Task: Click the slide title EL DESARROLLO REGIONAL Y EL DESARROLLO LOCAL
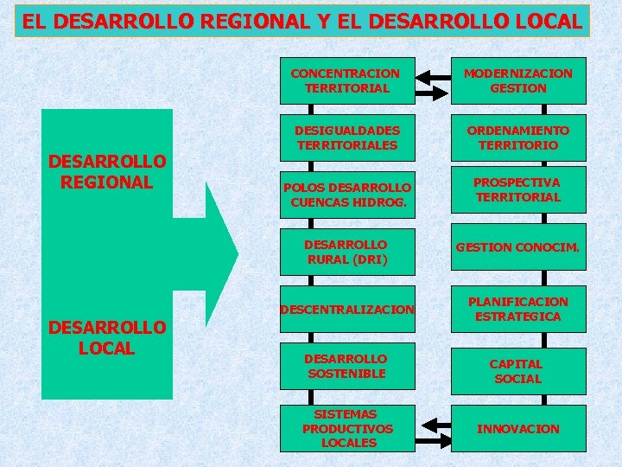(302, 21)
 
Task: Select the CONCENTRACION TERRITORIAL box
(346, 80)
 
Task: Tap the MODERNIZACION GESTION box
(517, 80)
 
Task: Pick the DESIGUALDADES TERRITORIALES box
(346, 138)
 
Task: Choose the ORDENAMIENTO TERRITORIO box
(517, 138)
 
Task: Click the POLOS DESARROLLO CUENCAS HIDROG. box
(346, 195)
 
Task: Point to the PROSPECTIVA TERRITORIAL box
(517, 190)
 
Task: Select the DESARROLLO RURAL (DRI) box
(346, 252)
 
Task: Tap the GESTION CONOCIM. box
(517, 247)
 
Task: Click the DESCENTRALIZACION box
(346, 309)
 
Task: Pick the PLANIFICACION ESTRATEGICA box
(517, 309)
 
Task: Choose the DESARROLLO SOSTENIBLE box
(346, 366)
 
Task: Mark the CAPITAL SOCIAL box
(517, 371)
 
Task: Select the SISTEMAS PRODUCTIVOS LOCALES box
(346, 428)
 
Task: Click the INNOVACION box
(517, 428)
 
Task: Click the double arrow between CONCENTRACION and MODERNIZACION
(432, 81)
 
